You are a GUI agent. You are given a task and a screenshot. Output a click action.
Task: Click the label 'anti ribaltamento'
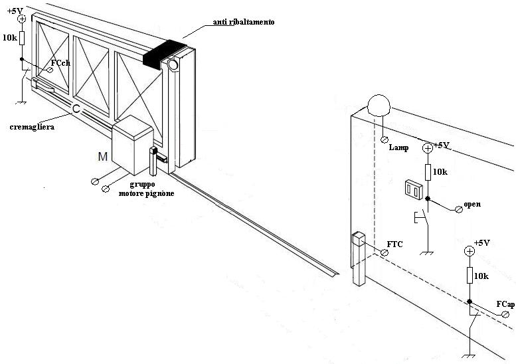click(x=244, y=22)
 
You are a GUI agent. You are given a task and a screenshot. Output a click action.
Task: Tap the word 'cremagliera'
click(x=32, y=127)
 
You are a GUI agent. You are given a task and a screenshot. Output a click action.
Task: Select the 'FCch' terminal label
click(x=60, y=63)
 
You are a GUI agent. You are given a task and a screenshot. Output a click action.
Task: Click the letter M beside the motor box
click(x=103, y=157)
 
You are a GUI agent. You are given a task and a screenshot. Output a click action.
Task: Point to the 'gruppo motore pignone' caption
click(x=147, y=189)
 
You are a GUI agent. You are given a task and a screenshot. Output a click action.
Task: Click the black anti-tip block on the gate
click(x=163, y=53)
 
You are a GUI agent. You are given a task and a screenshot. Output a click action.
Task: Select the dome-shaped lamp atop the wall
click(x=379, y=105)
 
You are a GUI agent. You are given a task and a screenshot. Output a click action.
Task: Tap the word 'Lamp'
click(x=398, y=147)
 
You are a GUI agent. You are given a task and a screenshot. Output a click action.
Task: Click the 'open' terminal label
click(x=472, y=204)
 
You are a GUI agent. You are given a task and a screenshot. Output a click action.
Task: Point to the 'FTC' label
click(x=394, y=244)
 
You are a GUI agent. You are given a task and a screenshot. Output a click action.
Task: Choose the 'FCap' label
click(x=505, y=304)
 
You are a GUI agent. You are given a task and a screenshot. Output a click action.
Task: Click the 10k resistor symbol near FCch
click(x=22, y=38)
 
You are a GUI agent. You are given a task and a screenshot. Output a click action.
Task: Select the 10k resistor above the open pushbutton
click(x=428, y=172)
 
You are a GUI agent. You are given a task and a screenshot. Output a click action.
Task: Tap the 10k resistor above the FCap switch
click(x=470, y=275)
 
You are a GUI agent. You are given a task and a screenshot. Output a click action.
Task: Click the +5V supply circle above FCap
click(x=470, y=252)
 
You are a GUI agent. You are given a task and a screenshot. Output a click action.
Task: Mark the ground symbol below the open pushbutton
click(x=427, y=253)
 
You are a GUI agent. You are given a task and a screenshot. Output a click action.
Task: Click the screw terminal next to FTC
click(x=384, y=253)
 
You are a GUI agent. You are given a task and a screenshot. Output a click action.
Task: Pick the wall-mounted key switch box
click(x=413, y=189)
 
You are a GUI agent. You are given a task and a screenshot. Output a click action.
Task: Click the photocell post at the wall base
click(x=359, y=259)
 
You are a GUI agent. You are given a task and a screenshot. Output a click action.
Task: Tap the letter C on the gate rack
click(x=76, y=109)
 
